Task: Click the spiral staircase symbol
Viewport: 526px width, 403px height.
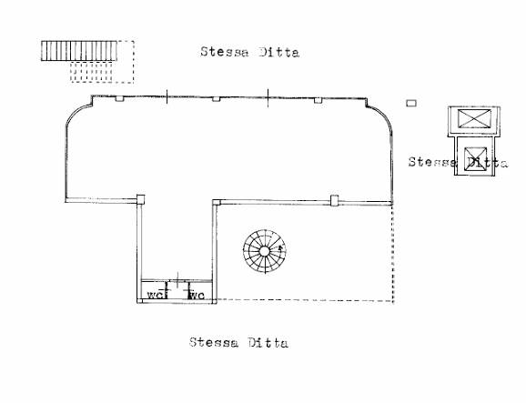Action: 264,251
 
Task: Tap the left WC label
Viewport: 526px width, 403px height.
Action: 156,295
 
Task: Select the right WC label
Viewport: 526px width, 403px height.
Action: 197,295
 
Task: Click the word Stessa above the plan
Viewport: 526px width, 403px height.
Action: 225,52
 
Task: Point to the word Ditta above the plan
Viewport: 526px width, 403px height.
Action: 278,52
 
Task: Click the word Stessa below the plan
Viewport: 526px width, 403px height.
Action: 214,342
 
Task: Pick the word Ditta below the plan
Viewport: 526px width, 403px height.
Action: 268,343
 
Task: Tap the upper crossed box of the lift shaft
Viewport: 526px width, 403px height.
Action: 474,118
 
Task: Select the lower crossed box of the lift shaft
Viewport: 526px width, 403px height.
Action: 475,159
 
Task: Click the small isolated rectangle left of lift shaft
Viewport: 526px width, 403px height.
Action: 411,103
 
